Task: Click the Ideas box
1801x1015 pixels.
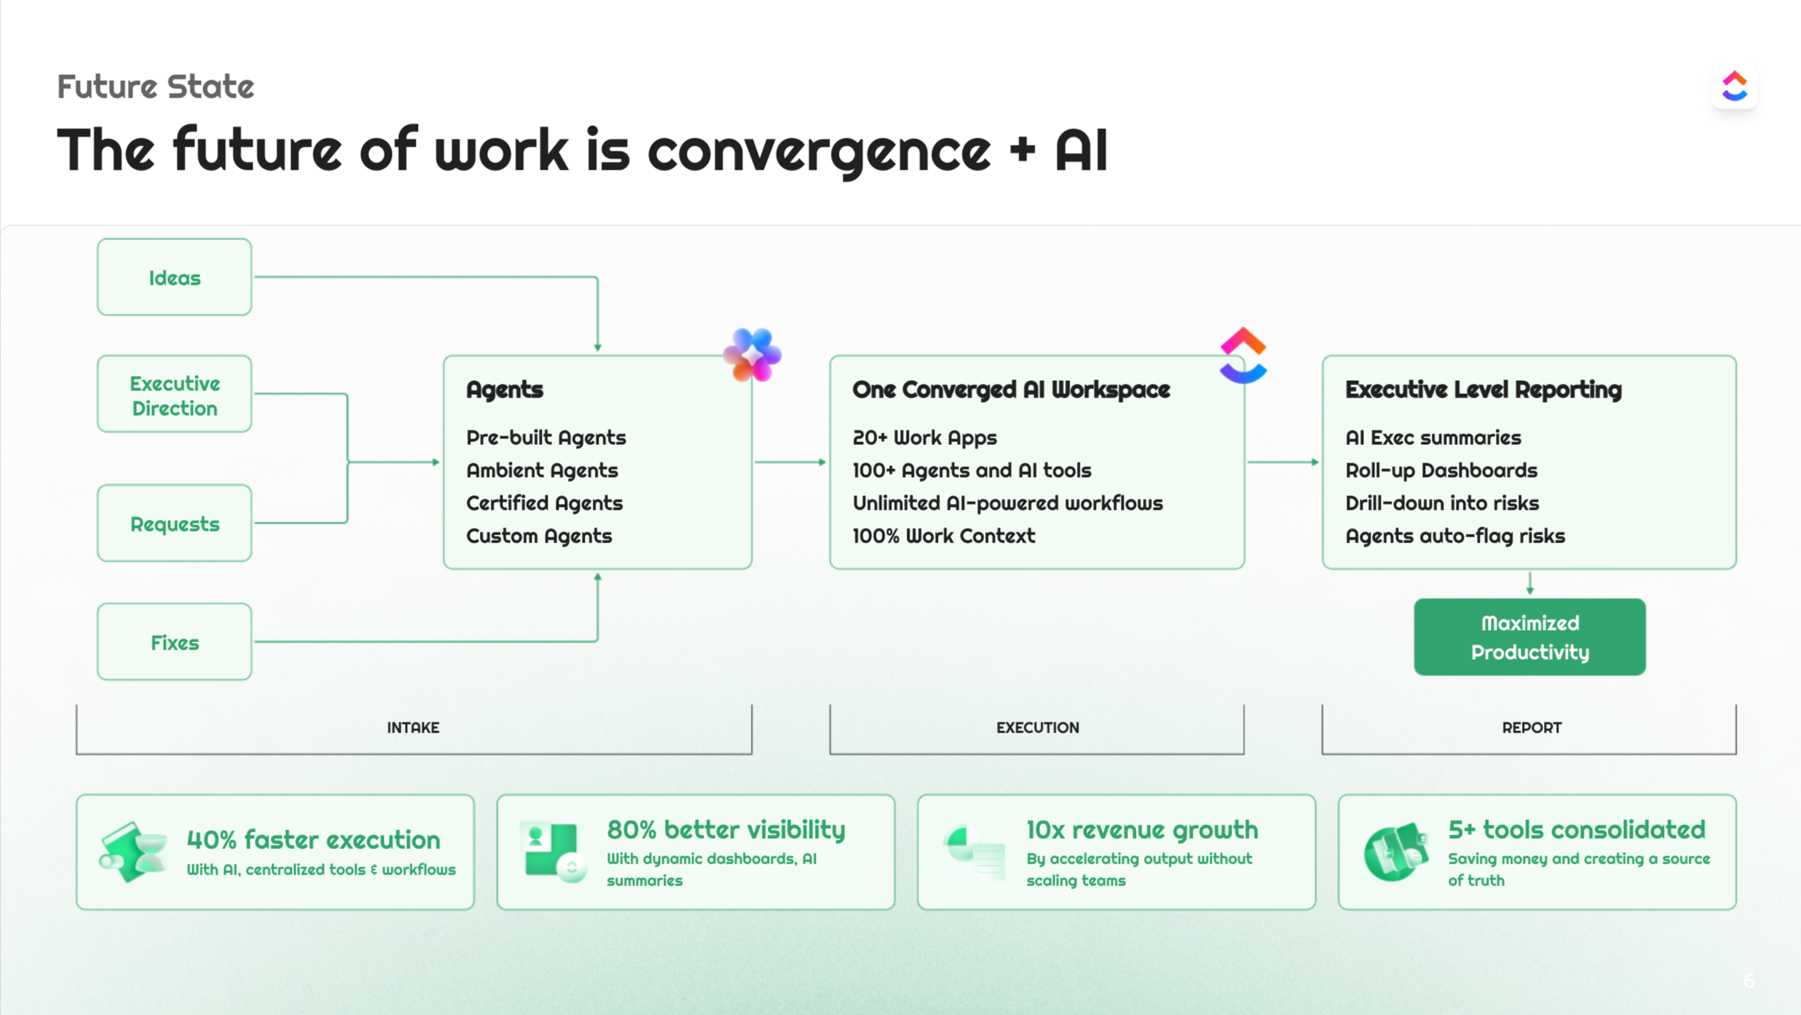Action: [174, 277]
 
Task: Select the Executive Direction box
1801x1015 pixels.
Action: [174, 395]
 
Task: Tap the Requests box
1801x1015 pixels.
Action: [174, 524]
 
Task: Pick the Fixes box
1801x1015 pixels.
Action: [174, 642]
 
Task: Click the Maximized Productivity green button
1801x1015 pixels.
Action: [1529, 637]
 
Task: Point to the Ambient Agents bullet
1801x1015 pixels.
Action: [542, 470]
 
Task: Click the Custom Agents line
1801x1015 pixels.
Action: [539, 536]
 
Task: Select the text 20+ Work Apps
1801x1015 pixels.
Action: [924, 438]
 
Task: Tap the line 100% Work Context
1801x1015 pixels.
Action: [943, 536]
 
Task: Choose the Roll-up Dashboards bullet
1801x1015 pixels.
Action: [1441, 470]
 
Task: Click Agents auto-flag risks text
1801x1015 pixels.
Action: [1454, 536]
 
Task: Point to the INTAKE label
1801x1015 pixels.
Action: [413, 727]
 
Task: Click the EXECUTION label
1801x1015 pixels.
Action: [1037, 727]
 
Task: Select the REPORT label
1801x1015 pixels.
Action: [1531, 727]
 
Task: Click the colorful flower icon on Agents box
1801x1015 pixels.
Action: [752, 355]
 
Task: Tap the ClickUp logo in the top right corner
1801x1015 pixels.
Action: [1734, 87]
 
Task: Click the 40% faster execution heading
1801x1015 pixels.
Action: [313, 840]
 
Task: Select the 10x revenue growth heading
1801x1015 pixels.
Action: [1141, 829]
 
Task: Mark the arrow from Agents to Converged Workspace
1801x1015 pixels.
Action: [790, 462]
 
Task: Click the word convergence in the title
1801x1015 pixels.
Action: [819, 151]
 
